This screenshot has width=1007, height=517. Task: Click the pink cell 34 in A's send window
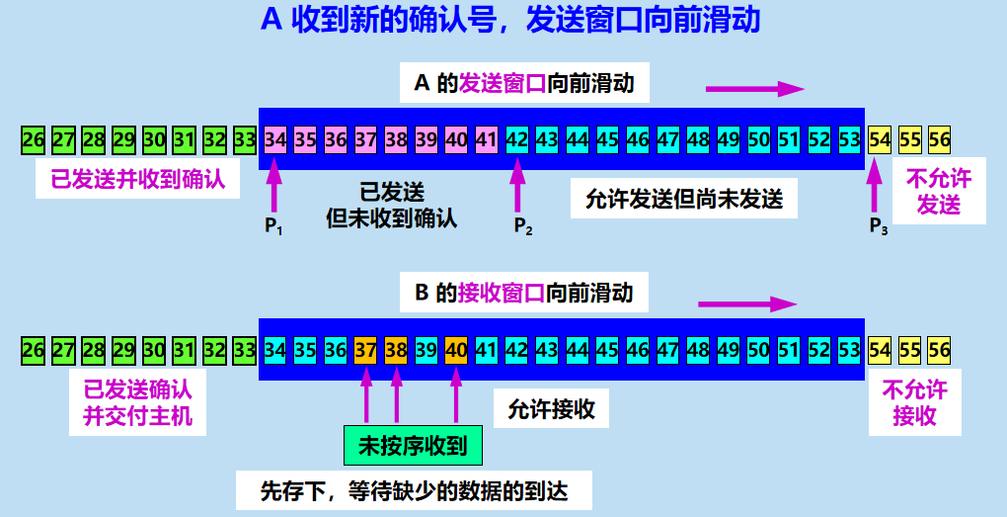(275, 139)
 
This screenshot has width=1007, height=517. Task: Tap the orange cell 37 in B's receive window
(365, 349)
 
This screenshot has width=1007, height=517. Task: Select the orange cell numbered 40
(455, 349)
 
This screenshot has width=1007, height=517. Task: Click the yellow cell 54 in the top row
(879, 139)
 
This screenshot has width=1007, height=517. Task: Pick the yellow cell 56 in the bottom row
(939, 349)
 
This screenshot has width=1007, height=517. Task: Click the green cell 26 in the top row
(34, 139)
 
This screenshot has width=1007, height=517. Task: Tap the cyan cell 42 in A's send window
(516, 139)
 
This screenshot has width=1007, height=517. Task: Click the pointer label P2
(523, 226)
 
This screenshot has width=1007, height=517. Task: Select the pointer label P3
(879, 226)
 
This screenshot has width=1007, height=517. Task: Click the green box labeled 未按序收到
(413, 446)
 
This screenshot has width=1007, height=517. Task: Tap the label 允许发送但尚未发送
(685, 200)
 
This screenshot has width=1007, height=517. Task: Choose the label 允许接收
(552, 408)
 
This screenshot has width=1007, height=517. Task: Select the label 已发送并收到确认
(138, 180)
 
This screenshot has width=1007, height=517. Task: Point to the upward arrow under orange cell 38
(396, 392)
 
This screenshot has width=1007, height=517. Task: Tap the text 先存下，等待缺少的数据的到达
(413, 489)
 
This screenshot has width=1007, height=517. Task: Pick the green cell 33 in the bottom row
(245, 349)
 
